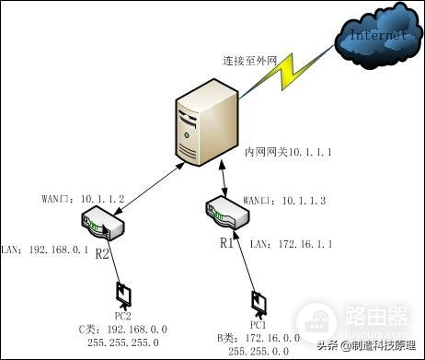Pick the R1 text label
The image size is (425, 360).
point(227,243)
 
